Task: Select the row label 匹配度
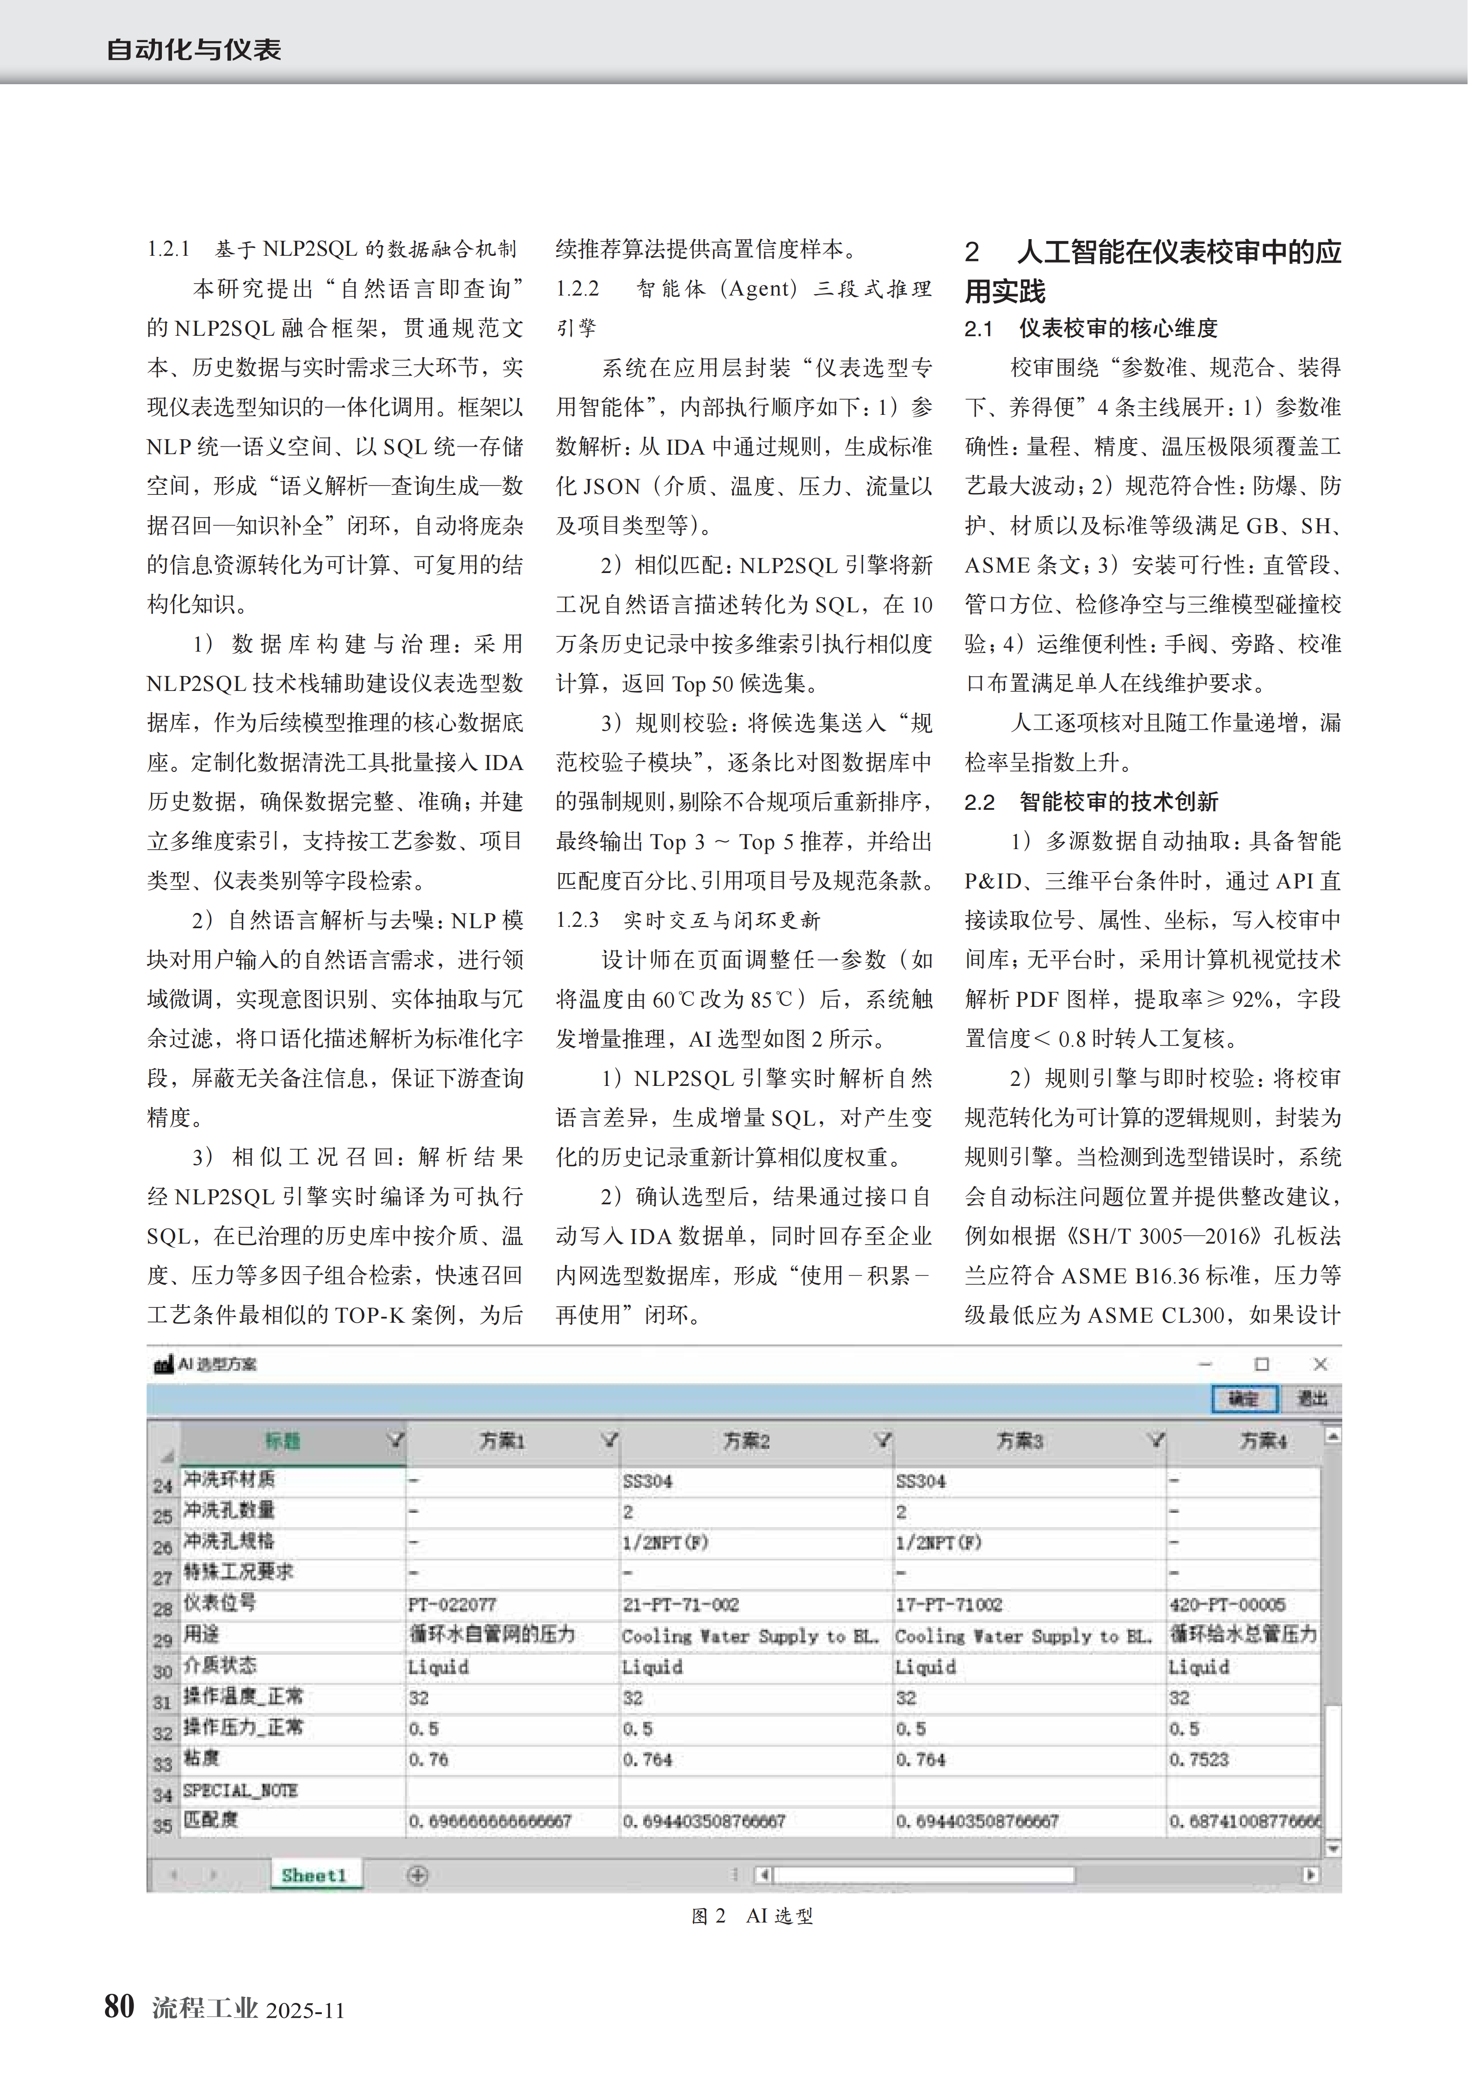tap(211, 1819)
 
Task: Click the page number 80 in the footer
tap(119, 2006)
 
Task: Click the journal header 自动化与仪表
tap(194, 49)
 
